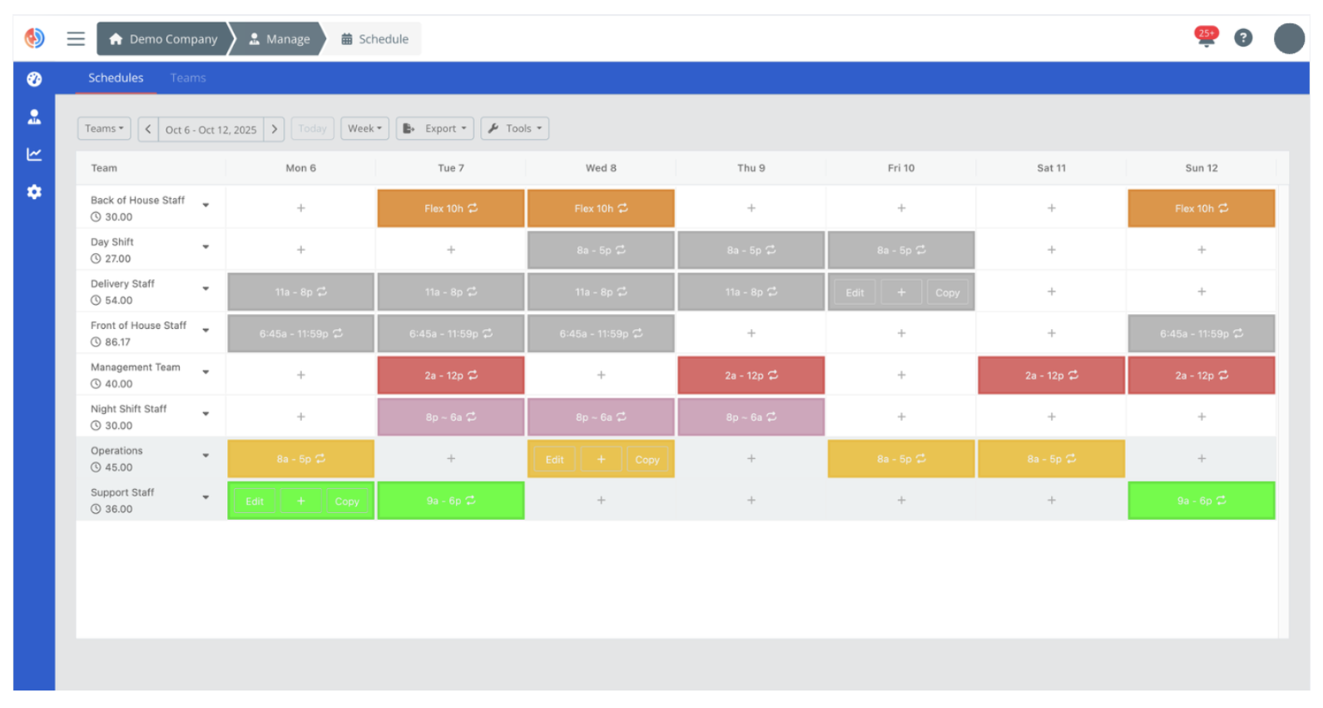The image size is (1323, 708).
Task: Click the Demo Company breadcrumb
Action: [x=164, y=39]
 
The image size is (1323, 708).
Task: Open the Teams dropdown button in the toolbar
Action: [x=104, y=128]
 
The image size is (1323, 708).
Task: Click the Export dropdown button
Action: [x=435, y=128]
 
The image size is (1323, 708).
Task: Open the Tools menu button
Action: [x=515, y=128]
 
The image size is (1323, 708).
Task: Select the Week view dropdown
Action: [x=364, y=128]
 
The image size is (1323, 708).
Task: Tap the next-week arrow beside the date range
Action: [x=275, y=129]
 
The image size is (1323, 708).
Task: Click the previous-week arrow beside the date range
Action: [x=148, y=129]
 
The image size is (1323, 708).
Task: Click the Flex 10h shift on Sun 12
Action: [x=1201, y=208]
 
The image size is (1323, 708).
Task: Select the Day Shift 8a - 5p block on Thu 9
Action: [x=751, y=250]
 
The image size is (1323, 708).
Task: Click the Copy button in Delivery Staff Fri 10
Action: [x=947, y=292]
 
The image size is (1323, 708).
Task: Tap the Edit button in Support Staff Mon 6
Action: [x=255, y=501]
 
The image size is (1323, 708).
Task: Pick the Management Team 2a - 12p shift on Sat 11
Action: [x=1051, y=376]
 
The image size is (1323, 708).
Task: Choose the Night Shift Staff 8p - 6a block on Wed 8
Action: [x=601, y=417]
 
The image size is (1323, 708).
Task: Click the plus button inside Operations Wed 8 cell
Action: [x=601, y=459]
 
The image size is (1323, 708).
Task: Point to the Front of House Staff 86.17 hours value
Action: [x=117, y=342]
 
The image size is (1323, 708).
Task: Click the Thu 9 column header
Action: [x=751, y=168]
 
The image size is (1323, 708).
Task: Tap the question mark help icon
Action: [x=1243, y=37]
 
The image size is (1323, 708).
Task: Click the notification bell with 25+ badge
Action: [x=1206, y=37]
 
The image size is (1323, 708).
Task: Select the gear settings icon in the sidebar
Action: [x=34, y=192]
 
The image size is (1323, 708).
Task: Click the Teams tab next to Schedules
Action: [x=188, y=78]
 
